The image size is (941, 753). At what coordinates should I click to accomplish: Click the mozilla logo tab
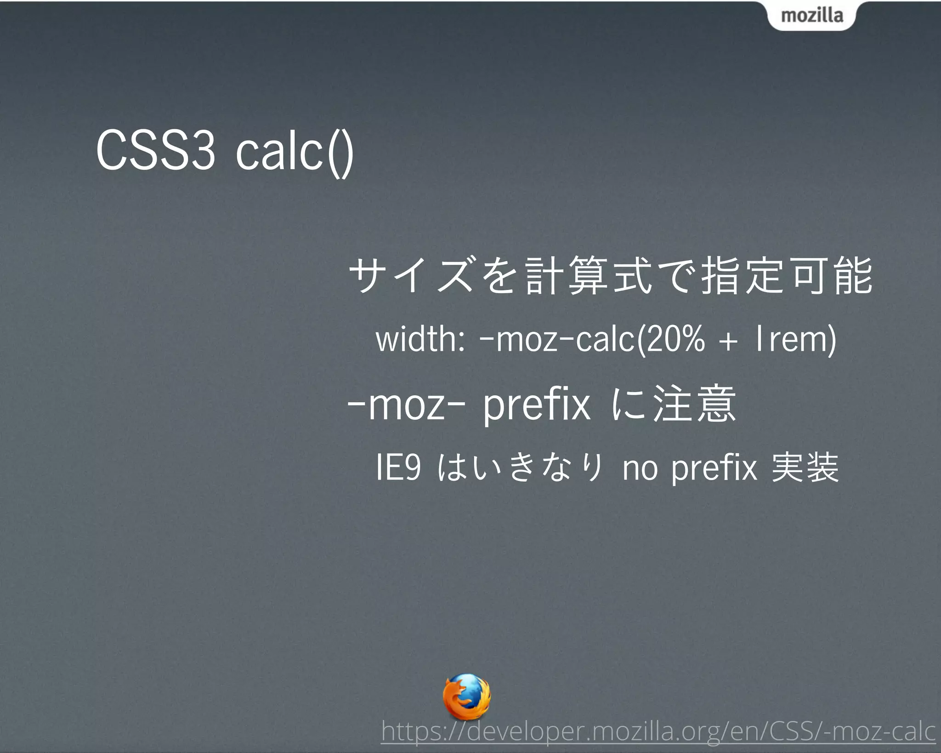coord(811,16)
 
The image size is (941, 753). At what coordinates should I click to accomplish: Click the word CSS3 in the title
coord(155,151)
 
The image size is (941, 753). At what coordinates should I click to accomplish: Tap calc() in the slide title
coord(295,152)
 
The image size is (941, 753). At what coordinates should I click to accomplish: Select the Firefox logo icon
coord(466,696)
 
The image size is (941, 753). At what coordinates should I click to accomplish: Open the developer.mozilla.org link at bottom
coord(658,731)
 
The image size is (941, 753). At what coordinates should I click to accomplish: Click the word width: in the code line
coord(420,340)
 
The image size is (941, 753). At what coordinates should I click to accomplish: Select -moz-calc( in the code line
coord(561,341)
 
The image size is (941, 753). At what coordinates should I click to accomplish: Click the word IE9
coord(398,468)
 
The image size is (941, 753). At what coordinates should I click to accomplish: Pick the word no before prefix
coord(640,468)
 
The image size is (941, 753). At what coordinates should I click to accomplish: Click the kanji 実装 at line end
coord(805,468)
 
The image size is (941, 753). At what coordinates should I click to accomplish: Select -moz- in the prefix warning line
coord(407,405)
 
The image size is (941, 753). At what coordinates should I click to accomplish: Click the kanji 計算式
coord(589,276)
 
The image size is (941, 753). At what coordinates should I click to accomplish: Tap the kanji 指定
coord(743,276)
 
